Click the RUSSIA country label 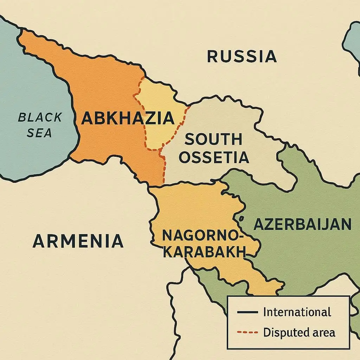tap(242, 57)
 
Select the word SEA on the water tap(39, 133)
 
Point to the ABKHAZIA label tap(128, 118)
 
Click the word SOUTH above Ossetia tap(213, 140)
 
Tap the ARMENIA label tap(78, 242)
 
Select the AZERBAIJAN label tap(302, 224)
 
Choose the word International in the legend tap(297, 312)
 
